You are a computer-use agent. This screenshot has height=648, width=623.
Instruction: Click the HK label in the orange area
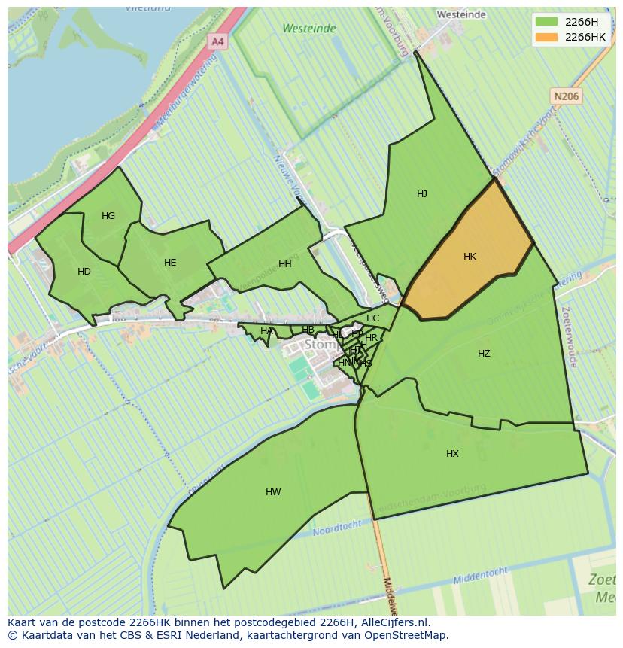point(470,257)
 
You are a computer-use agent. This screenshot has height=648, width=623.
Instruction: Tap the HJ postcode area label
point(422,194)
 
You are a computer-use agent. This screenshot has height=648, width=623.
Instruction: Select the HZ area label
point(484,354)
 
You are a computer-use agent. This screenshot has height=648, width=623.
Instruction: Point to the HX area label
point(452,454)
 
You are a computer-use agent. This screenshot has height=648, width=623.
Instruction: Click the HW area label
point(273,492)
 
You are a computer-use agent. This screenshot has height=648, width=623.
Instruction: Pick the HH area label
point(285,264)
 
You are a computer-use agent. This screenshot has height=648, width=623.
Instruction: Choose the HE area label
point(170,263)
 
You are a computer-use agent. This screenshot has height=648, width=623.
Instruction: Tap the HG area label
point(108,216)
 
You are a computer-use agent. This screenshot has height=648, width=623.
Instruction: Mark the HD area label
point(84,272)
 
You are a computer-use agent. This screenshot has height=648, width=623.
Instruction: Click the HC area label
point(373,318)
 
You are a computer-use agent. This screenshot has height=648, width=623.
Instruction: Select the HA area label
point(266,331)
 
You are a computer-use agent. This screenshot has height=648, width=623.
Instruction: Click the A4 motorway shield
point(217,42)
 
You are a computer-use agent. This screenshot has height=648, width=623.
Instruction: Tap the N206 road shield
point(566,96)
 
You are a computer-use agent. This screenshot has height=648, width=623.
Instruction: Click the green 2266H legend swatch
point(547,22)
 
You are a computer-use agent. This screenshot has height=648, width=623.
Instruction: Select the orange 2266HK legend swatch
point(547,37)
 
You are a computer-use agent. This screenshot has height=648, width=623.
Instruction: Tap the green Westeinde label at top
point(308,29)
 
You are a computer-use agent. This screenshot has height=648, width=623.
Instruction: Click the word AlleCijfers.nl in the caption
point(392,622)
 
